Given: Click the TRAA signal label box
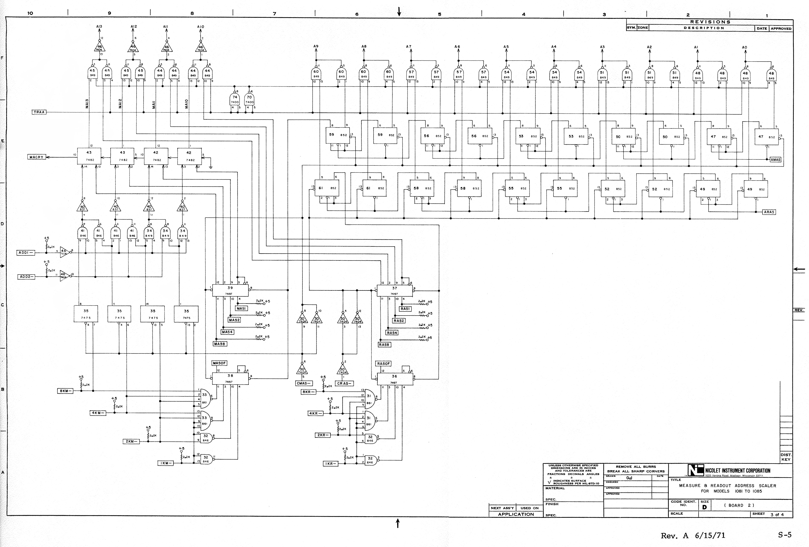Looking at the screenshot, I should coord(39,112).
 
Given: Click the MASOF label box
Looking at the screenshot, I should coord(219,363).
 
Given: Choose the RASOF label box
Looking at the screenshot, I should coord(384,363).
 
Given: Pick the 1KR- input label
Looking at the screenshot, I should coord(330,464).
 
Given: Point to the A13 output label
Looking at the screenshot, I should coord(99,26).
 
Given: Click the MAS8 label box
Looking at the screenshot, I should coord(220,344).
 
